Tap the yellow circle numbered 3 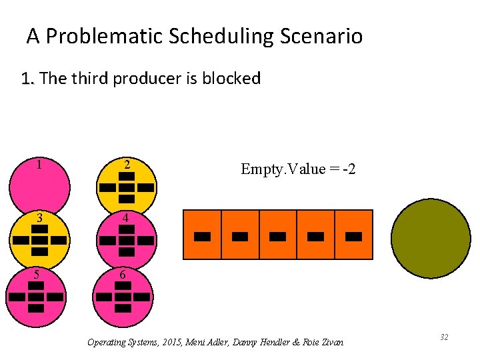click(x=39, y=240)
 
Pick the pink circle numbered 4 click(x=127, y=240)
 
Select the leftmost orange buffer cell click(x=202, y=235)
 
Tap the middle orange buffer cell click(x=278, y=235)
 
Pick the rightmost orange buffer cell click(x=353, y=235)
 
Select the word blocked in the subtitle click(x=231, y=79)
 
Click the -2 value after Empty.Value click(x=349, y=169)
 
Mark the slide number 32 click(x=443, y=337)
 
